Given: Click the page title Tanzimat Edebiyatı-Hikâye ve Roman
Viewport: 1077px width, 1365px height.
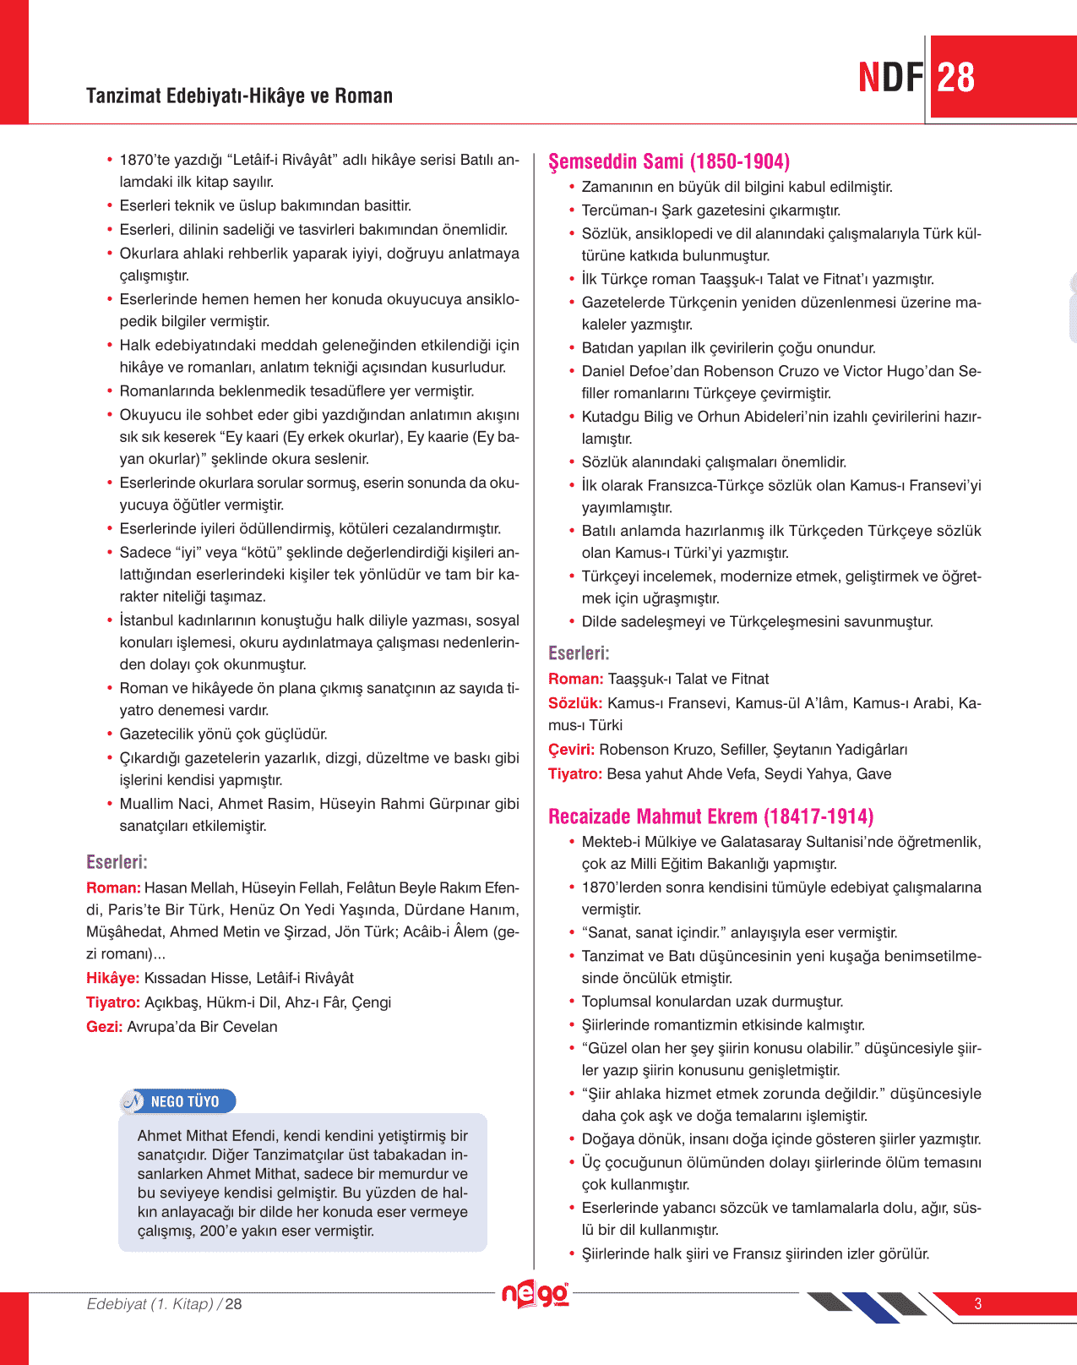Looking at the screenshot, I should pyautogui.click(x=239, y=96).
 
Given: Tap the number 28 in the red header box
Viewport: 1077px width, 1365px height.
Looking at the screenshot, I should pyautogui.click(x=956, y=78).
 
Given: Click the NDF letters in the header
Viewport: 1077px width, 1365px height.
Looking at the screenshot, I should pyautogui.click(x=890, y=78).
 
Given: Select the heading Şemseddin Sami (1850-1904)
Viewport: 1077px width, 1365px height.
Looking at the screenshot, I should pyautogui.click(x=668, y=161).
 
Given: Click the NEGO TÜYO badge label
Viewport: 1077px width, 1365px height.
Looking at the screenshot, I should pyautogui.click(x=184, y=1101).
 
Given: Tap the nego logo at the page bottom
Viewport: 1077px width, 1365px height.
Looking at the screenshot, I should pyautogui.click(x=535, y=1294).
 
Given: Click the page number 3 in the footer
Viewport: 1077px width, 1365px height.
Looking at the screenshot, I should pyautogui.click(x=977, y=1303).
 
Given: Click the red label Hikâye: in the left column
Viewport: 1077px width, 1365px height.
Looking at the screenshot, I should pyautogui.click(x=112, y=978).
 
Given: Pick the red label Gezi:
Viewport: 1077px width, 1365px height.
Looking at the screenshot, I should pyautogui.click(x=104, y=1027).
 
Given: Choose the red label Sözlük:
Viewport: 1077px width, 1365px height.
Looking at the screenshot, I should pyautogui.click(x=575, y=703).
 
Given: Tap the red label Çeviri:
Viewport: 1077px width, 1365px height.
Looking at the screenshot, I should pyautogui.click(x=571, y=750).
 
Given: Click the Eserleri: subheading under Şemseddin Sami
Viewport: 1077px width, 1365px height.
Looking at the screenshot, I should pyautogui.click(x=579, y=653).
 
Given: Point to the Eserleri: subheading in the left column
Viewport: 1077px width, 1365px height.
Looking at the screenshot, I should pyautogui.click(x=117, y=862).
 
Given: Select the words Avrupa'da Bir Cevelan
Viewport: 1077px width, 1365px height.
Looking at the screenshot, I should pyautogui.click(x=202, y=1027).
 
